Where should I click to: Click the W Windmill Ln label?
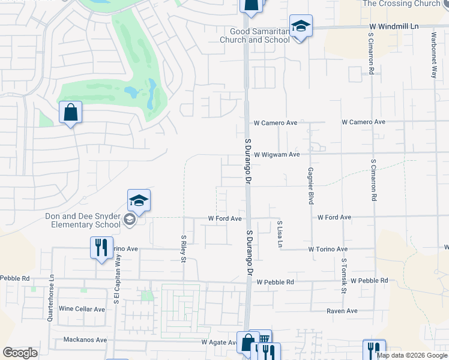[392, 27]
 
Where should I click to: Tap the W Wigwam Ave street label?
[276, 154]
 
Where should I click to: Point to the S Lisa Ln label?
[280, 235]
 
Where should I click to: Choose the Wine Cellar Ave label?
[82, 309]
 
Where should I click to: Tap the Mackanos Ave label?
[85, 340]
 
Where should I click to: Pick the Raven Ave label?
[342, 311]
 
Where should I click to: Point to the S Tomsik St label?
[345, 277]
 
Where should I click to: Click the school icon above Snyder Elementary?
[139, 201]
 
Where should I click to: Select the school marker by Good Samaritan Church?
[301, 26]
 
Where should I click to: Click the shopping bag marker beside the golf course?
[70, 112]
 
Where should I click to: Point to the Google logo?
[20, 353]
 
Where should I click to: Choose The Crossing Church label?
[402, 4]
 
